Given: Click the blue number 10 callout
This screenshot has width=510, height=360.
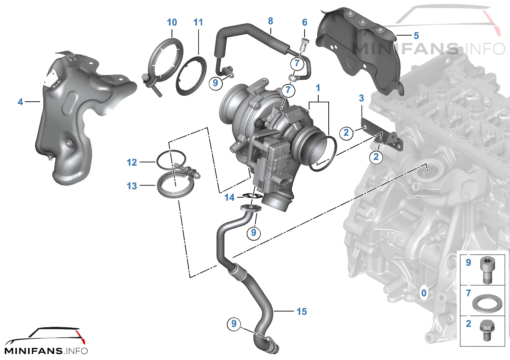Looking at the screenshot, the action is (x=172, y=22).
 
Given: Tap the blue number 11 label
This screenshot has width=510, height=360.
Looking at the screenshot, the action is (x=198, y=22).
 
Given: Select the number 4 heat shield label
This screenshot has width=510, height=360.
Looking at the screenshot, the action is (x=20, y=102).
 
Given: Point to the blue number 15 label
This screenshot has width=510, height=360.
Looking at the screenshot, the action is (x=302, y=312).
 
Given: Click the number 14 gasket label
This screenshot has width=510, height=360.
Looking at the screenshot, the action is (x=229, y=197).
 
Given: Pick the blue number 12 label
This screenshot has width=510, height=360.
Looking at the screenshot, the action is (x=132, y=162).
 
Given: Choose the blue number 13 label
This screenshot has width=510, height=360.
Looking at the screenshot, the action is (x=132, y=186).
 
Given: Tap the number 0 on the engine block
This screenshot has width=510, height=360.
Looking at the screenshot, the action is (x=424, y=293).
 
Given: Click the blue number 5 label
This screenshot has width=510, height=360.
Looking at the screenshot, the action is (x=416, y=35).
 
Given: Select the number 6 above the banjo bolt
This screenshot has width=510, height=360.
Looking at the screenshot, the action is (x=305, y=22).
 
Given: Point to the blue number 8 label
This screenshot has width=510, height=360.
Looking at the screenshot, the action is (x=271, y=21).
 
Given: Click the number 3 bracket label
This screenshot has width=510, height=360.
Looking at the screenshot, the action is (x=361, y=98).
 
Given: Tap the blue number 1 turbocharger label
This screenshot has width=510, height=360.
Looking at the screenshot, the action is (x=318, y=88).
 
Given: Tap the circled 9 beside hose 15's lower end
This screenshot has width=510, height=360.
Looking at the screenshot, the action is (x=234, y=324).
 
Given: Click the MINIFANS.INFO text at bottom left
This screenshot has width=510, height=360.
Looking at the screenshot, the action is (x=46, y=351).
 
